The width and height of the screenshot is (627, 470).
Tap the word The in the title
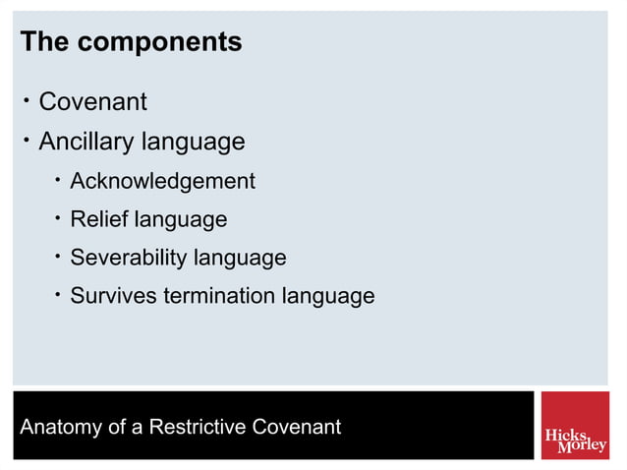(x=45, y=43)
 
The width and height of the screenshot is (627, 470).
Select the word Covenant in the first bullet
(x=92, y=101)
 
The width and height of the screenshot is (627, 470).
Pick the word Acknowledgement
(x=162, y=181)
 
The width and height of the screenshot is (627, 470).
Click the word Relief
(x=99, y=219)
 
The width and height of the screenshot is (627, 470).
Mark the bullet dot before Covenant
(x=27, y=99)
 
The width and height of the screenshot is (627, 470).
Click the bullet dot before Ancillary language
(x=27, y=140)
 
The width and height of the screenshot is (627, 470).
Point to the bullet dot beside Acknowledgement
(x=59, y=180)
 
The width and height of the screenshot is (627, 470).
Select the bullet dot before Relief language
(x=59, y=218)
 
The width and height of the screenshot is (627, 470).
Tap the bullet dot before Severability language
(x=59, y=257)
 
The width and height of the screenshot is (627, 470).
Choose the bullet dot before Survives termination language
(x=59, y=294)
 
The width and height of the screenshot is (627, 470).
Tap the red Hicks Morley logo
(x=575, y=426)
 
